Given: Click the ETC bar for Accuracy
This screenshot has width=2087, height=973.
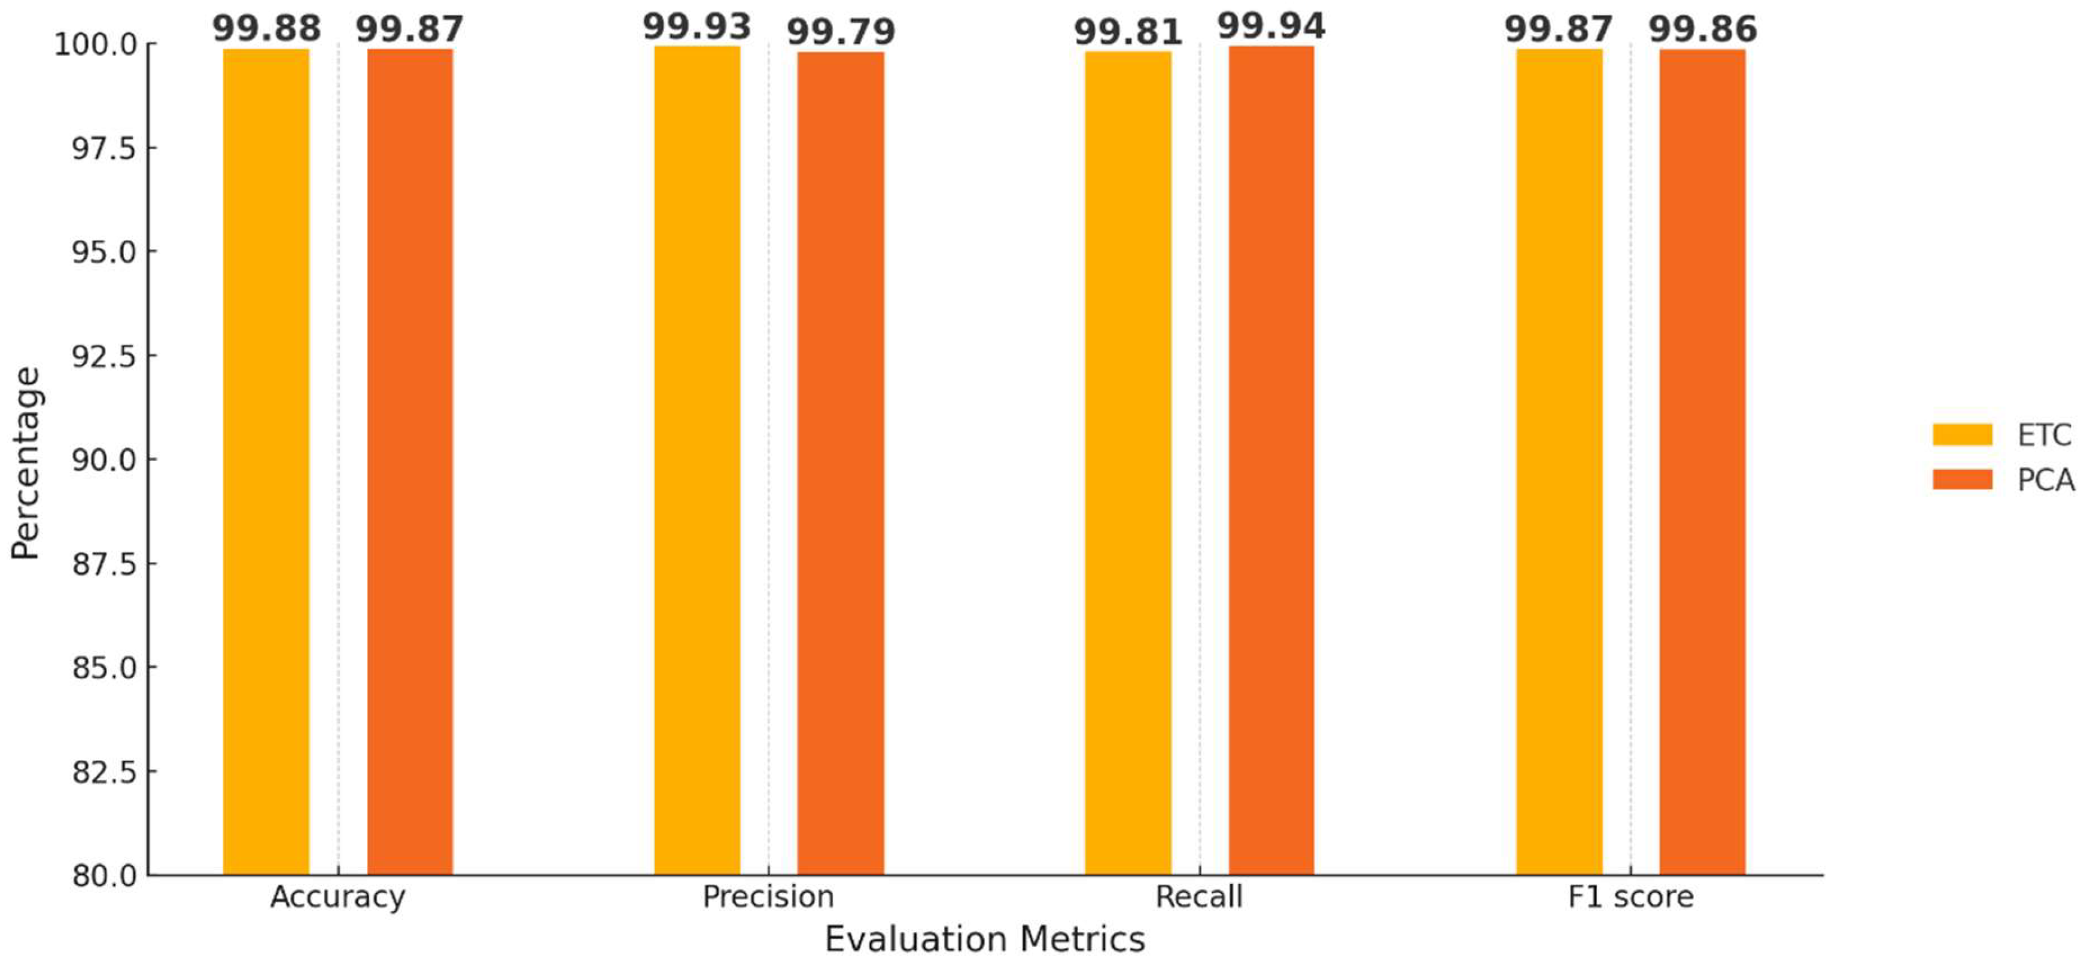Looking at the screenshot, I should coord(266,462).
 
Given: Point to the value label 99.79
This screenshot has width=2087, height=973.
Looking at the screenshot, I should coord(840,32).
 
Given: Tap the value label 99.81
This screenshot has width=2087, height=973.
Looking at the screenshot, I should coord(1128,32).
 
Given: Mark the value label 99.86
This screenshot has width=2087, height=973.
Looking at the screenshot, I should coord(1702,29).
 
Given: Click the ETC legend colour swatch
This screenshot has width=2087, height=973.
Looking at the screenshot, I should coord(1961,434).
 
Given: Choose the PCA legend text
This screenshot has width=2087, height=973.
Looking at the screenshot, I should coord(2045,481).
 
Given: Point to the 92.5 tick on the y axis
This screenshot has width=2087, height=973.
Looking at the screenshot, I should coord(104,355).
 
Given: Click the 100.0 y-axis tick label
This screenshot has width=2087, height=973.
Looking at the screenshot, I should coord(96,44).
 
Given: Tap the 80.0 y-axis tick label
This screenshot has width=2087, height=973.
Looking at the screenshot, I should coord(104,876).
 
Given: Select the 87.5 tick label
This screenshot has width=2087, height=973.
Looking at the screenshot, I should coord(104,564).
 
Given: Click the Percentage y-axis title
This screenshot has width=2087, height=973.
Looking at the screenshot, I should coord(25,463).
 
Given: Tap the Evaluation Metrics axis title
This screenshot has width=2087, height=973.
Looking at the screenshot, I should coord(984,939).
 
